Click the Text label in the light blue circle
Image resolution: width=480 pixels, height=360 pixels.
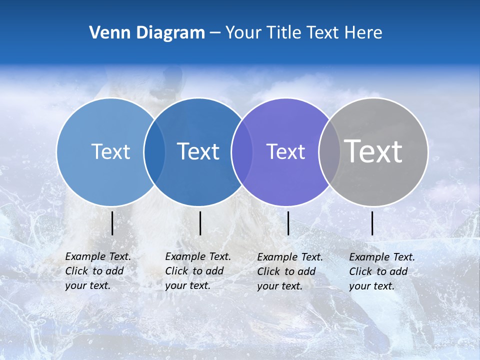[110, 151]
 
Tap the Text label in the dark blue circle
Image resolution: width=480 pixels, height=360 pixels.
[198, 151]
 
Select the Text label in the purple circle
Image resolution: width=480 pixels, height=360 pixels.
[285, 151]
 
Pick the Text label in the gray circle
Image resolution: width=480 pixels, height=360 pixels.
[373, 151]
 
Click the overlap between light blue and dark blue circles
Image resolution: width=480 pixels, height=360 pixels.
[154, 151]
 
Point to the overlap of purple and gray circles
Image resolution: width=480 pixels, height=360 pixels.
[329, 151]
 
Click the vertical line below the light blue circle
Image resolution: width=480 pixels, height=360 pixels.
[112, 223]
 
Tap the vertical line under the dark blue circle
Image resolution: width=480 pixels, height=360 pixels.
[200, 223]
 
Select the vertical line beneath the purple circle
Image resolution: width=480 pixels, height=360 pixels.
[288, 223]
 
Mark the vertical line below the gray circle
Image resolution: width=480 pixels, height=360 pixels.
[372, 223]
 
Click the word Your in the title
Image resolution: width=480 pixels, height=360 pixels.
[243, 33]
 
